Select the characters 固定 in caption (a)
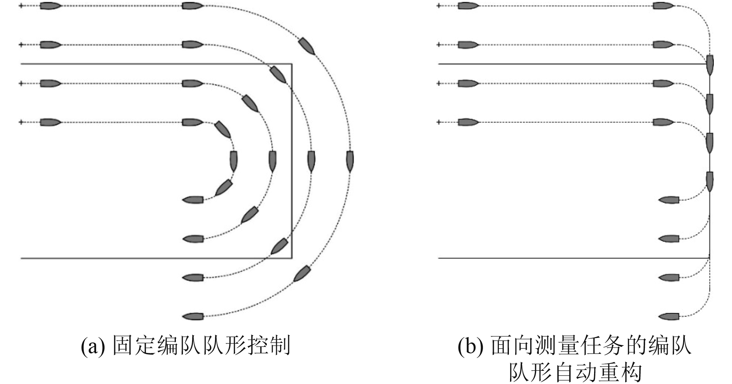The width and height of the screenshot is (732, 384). pos(135,346)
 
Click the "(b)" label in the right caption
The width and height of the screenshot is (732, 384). pos(470,346)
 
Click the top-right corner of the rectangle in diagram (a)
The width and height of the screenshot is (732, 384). pos(292,64)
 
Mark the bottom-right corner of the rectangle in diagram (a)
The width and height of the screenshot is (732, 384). pos(292,258)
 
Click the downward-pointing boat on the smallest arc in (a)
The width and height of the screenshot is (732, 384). pos(233,161)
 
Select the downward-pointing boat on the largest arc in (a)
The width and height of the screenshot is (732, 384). pos(350,161)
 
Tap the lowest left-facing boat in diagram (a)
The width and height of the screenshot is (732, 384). pos(193,317)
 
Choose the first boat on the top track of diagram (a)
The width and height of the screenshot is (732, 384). pos(50,6)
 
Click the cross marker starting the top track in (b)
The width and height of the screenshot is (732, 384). pos(439,6)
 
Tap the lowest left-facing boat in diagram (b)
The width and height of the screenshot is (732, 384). pos(669,317)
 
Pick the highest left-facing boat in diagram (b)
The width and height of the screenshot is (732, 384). pos(669,200)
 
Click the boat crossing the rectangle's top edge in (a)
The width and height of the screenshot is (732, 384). pos(278,75)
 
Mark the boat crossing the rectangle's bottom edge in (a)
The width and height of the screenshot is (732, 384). pos(279,246)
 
